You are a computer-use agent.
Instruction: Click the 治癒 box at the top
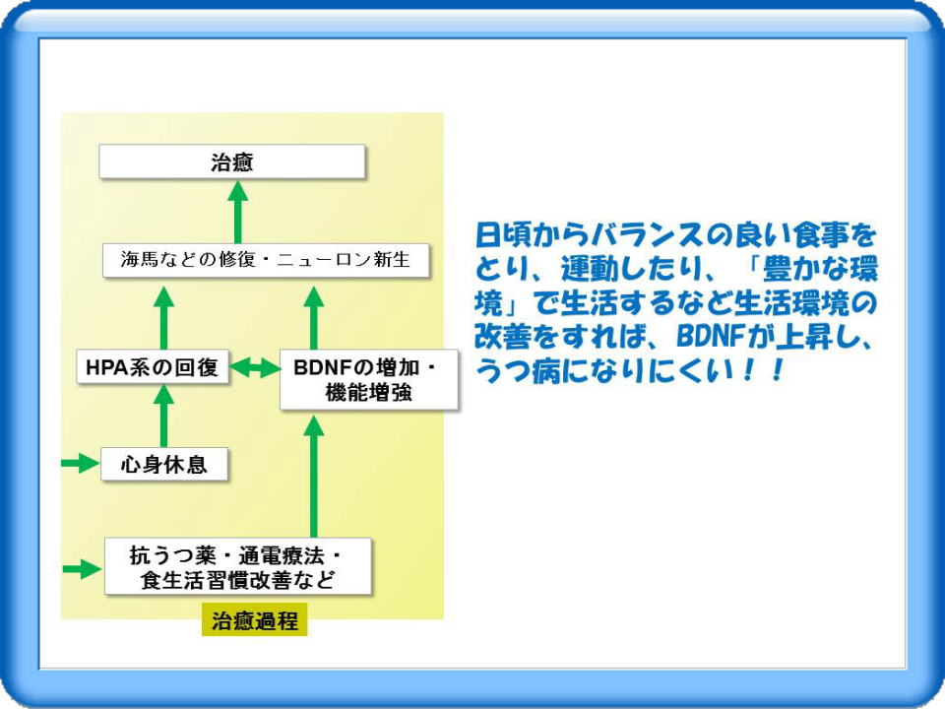[x=232, y=161]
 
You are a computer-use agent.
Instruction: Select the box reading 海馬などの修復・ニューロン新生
[x=266, y=260]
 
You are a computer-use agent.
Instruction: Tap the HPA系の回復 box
[x=153, y=366]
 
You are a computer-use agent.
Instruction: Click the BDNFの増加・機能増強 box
[x=369, y=380]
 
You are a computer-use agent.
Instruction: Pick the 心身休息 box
[x=164, y=464]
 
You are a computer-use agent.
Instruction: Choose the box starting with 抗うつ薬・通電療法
[x=237, y=567]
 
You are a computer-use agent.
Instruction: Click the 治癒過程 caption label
[x=254, y=619]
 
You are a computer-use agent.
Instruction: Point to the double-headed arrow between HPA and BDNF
[x=254, y=367]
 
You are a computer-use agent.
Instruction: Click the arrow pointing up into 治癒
[x=238, y=212]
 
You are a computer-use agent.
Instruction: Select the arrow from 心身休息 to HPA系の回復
[x=164, y=416]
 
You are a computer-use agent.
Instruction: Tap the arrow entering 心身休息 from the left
[x=81, y=464]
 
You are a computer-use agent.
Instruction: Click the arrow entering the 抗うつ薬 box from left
[x=83, y=568]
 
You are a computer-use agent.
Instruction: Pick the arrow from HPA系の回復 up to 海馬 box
[x=164, y=318]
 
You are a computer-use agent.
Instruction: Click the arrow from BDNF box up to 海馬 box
[x=314, y=318]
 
